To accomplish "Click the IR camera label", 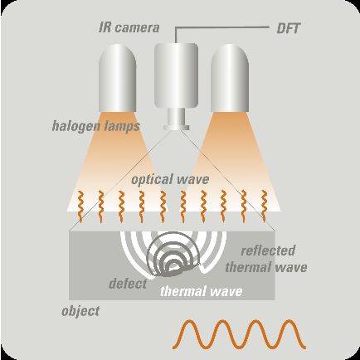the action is click(129, 28).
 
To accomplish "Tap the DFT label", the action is click(288, 28).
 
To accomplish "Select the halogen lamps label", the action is click(96, 126).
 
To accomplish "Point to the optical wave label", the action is click(170, 179).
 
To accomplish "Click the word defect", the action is click(128, 284).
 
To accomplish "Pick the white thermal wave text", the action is click(202, 291).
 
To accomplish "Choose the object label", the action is click(80, 311).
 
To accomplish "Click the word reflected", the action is click(268, 251).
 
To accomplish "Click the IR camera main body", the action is click(176, 75).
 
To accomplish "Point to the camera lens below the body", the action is click(177, 119).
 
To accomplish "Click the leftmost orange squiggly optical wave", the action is click(80, 207).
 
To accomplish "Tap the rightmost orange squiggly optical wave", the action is click(264, 207).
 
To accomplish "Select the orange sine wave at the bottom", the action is click(240, 333).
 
